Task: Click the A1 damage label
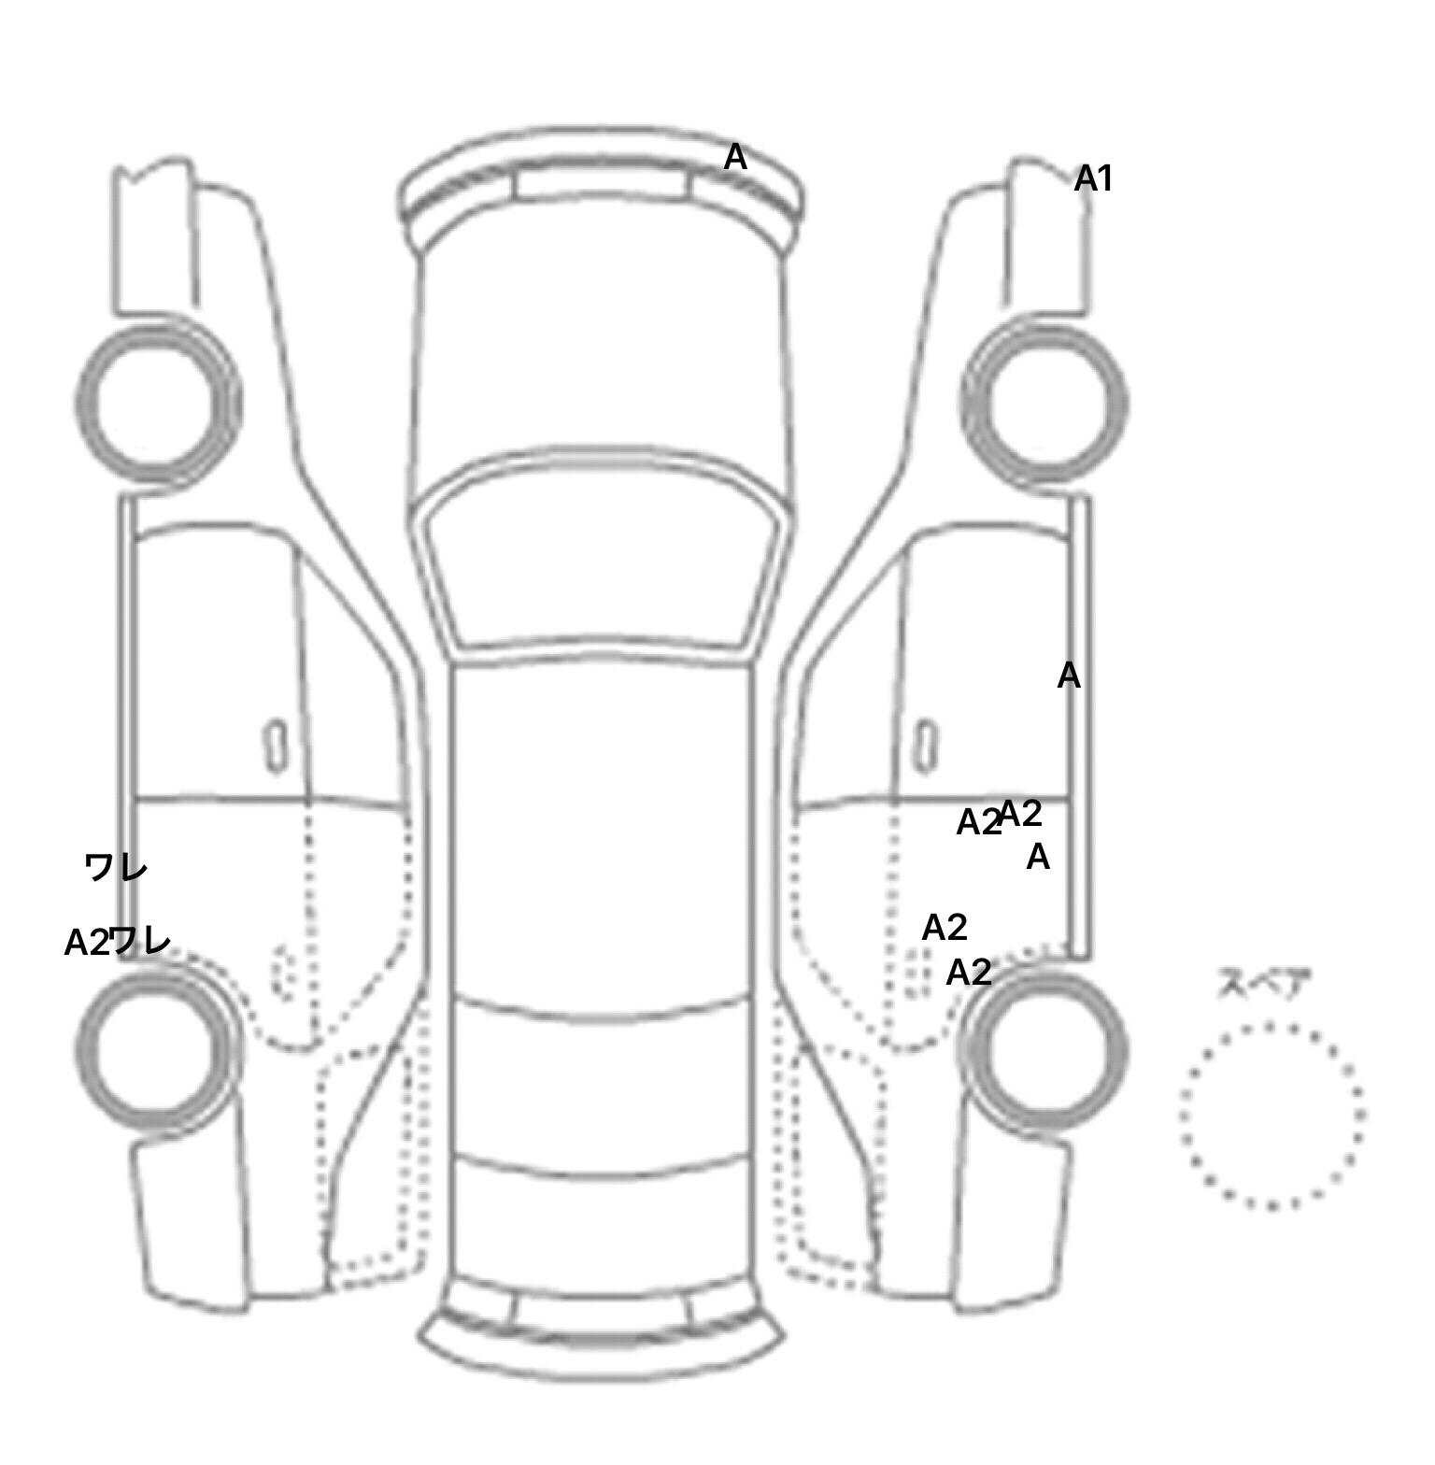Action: coord(1093,178)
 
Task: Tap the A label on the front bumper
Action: coord(735,158)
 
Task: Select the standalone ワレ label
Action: coord(116,868)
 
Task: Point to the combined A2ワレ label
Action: coord(118,941)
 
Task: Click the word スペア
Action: coord(1264,984)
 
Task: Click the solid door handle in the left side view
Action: coord(276,746)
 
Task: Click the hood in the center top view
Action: coord(603,355)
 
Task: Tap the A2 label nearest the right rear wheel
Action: coord(969,973)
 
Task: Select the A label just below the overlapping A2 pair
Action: coord(1038,857)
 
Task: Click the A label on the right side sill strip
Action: coord(1069,676)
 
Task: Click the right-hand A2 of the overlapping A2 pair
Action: coord(1021,814)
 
